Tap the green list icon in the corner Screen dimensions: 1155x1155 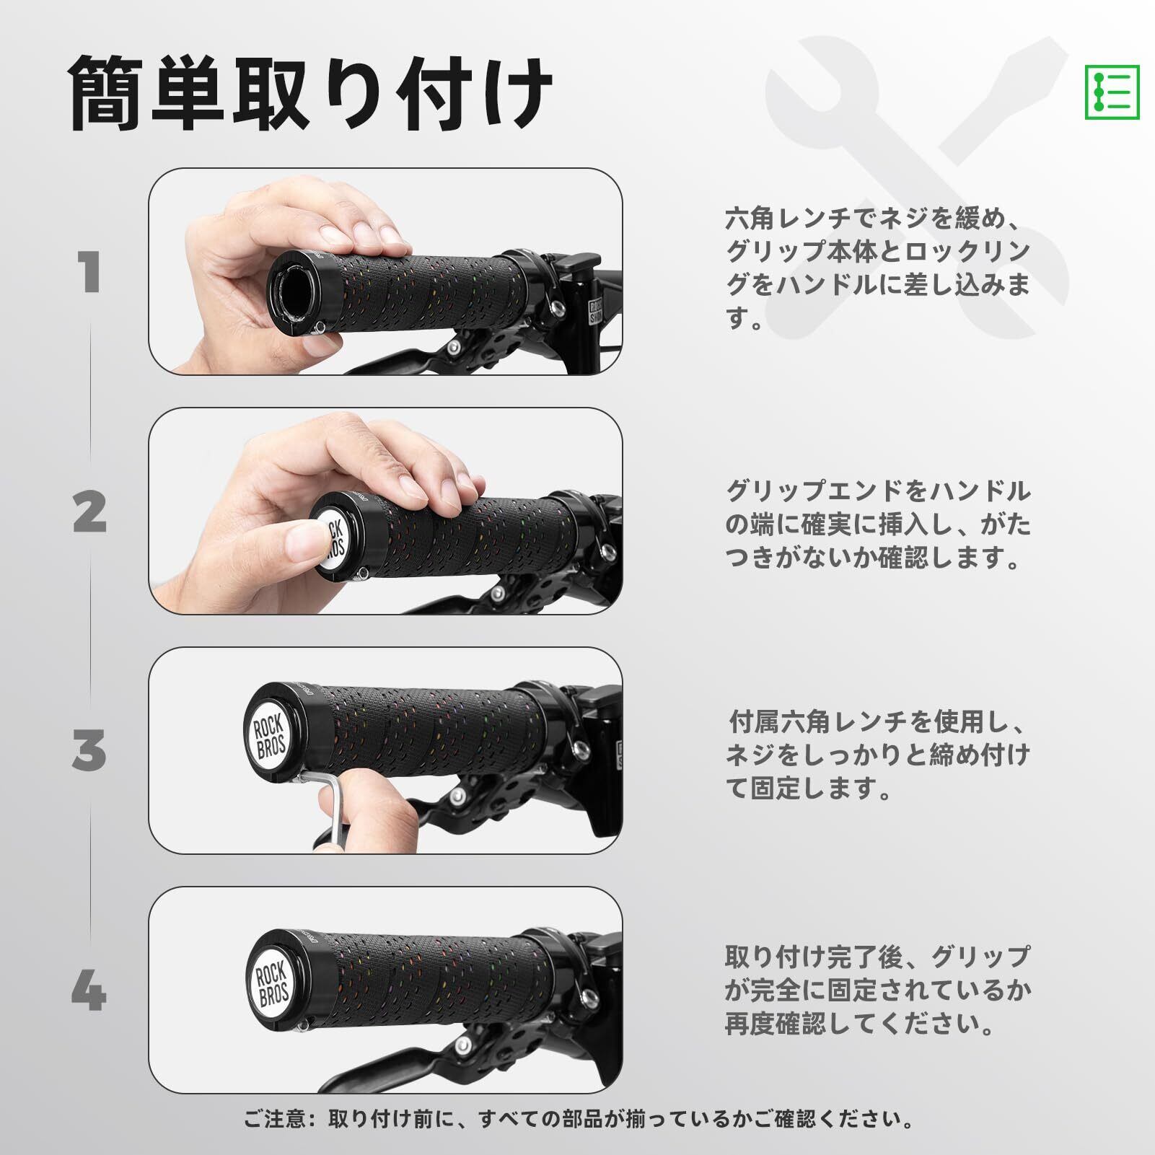(1112, 92)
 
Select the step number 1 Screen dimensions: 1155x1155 (90, 273)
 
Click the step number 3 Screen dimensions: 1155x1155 (89, 751)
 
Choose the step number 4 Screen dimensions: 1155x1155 (89, 991)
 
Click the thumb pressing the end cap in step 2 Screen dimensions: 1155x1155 (296, 548)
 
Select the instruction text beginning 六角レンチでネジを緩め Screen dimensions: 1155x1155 (877, 268)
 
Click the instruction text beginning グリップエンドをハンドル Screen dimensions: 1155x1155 (878, 524)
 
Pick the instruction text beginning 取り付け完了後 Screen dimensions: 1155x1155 (877, 990)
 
